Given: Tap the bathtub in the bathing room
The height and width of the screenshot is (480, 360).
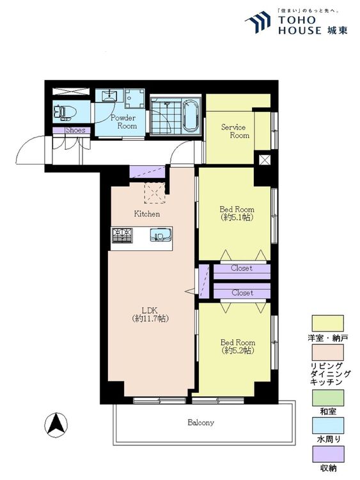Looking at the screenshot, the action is [191, 116].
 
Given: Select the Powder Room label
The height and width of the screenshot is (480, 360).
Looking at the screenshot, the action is [123, 122].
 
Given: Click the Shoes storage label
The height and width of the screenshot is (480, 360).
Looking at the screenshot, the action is [75, 130].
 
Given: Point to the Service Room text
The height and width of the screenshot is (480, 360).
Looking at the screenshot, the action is [235, 131].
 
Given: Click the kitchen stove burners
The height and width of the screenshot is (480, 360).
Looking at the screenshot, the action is [122, 236].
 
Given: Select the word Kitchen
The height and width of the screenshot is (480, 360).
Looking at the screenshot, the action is [147, 214].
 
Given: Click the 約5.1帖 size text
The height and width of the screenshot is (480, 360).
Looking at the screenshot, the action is [237, 218].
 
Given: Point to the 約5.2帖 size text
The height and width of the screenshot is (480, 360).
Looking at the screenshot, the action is [238, 351].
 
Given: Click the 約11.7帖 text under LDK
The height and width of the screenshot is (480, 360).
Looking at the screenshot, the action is [150, 318].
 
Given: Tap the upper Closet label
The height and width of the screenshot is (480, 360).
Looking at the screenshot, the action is [242, 268].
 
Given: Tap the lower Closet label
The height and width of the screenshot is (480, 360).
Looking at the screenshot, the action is [242, 292].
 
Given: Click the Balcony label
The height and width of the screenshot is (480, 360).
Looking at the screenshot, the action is [201, 423].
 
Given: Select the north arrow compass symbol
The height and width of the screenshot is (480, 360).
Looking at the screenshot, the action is [56, 425].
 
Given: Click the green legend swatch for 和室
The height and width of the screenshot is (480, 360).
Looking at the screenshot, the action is [327, 397].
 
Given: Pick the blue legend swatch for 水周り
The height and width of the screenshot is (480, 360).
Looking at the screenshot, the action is [327, 426].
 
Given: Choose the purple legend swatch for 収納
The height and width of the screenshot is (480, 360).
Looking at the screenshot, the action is [327, 454].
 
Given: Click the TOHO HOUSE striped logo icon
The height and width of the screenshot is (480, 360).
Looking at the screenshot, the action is [258, 22].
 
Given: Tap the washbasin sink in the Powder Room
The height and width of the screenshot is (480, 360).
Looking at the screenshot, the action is [107, 95].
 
